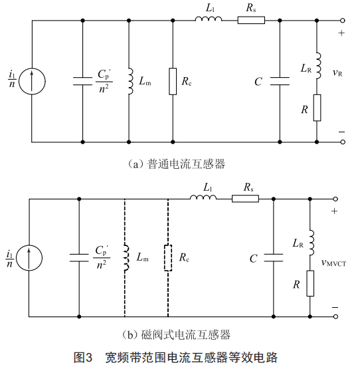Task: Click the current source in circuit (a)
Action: click(x=32, y=82)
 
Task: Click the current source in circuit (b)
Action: click(x=29, y=258)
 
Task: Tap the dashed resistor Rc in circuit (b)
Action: click(x=168, y=258)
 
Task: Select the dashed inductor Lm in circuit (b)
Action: click(x=126, y=258)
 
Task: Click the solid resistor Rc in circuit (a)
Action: click(x=173, y=82)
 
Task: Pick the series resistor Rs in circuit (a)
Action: click(x=251, y=21)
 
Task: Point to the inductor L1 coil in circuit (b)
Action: click(x=203, y=197)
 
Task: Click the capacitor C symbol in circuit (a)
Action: click(x=280, y=81)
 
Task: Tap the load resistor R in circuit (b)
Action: click(x=310, y=283)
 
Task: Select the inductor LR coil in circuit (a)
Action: click(x=319, y=66)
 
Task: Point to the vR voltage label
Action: click(x=337, y=72)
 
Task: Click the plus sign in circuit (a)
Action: click(x=341, y=33)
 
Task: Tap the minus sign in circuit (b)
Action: click(x=335, y=308)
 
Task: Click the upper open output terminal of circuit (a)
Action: click(x=343, y=21)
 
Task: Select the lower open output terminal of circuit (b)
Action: click(x=335, y=316)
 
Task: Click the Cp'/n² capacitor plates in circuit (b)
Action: click(x=79, y=258)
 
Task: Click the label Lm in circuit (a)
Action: click(x=145, y=81)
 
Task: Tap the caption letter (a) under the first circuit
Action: click(x=135, y=164)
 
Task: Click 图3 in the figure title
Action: click(x=83, y=357)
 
